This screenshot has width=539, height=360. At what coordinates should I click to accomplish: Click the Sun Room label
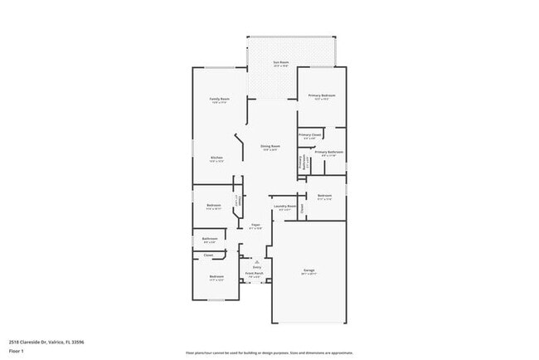point(281,62)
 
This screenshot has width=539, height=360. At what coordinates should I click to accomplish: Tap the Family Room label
point(219,99)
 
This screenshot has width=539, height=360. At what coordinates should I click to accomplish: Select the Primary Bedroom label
point(319,96)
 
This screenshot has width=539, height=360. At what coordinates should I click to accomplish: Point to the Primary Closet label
point(309,134)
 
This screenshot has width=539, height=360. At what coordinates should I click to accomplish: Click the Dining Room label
point(269,146)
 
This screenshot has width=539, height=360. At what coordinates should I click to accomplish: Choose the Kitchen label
point(216,158)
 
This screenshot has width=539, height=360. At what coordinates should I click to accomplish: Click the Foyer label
point(256,225)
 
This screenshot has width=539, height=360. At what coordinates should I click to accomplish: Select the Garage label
point(308,270)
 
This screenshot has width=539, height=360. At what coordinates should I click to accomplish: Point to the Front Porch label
point(254,273)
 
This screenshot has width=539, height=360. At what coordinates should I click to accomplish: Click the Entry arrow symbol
point(256,260)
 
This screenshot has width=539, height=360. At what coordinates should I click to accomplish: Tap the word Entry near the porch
point(256,266)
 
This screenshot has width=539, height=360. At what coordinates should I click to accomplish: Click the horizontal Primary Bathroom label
point(328,152)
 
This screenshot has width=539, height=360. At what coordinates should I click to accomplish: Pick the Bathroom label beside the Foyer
point(210,239)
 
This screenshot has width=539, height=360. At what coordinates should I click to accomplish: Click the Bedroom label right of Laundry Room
point(324,196)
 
